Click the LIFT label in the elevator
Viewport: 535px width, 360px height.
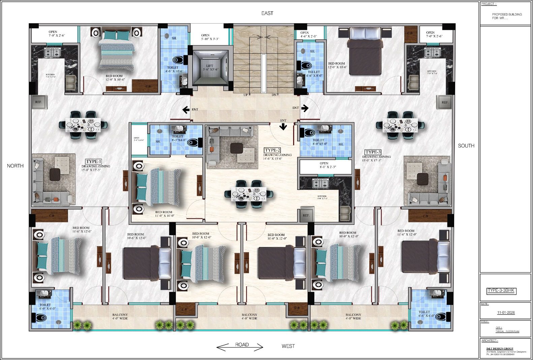210,66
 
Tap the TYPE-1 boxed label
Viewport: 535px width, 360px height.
93,161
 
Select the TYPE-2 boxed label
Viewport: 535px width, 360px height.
273,150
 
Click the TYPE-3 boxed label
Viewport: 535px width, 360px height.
373,152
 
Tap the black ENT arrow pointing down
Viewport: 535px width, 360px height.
283,126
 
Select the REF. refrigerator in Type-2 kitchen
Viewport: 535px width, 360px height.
306,215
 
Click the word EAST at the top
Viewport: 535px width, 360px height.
267,13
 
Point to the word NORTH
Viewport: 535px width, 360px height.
15,166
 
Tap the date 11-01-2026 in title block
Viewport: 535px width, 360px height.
506,312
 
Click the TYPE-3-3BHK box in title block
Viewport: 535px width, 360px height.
501,291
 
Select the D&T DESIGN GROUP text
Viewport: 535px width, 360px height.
500,349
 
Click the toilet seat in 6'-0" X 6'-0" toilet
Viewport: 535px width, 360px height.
41,318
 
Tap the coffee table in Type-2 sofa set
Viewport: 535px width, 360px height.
237,148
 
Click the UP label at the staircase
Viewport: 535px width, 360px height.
246,95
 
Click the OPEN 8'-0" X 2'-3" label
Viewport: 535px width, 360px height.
324,165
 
